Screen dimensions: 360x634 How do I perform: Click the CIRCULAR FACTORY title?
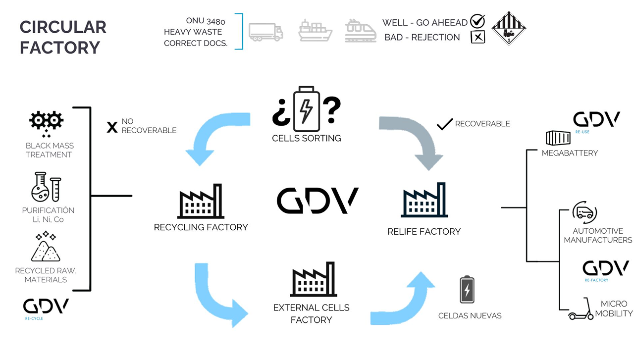(63, 37)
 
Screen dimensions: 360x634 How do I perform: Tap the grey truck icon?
(266, 31)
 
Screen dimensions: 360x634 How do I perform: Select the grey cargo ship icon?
(315, 31)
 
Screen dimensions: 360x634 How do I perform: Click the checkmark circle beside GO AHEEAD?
(477, 21)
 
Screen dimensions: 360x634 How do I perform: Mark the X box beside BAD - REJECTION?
(477, 37)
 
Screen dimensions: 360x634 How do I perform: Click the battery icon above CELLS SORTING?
(306, 108)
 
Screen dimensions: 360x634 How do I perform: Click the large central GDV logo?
(317, 201)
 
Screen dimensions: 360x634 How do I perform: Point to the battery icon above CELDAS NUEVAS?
(467, 290)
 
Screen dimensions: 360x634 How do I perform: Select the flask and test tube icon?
(47, 187)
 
